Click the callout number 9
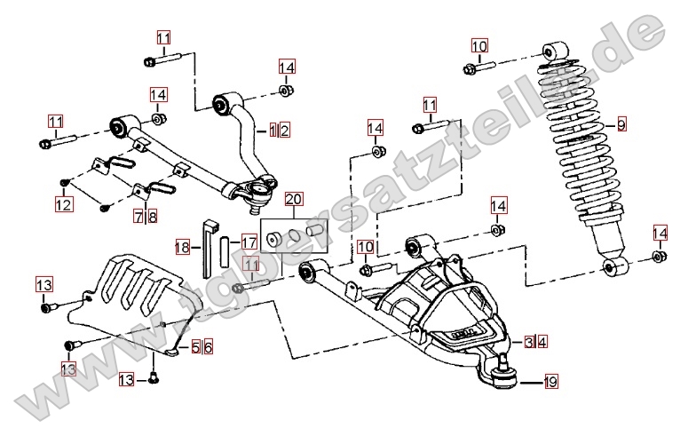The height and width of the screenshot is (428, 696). click(621, 124)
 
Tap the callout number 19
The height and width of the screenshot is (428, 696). click(550, 383)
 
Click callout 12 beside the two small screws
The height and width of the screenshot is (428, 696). click(62, 205)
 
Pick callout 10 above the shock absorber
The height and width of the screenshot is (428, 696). click(478, 46)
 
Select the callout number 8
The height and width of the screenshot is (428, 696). click(153, 216)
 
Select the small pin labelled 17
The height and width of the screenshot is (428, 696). click(225, 252)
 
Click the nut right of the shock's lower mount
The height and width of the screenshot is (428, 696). click(659, 258)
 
